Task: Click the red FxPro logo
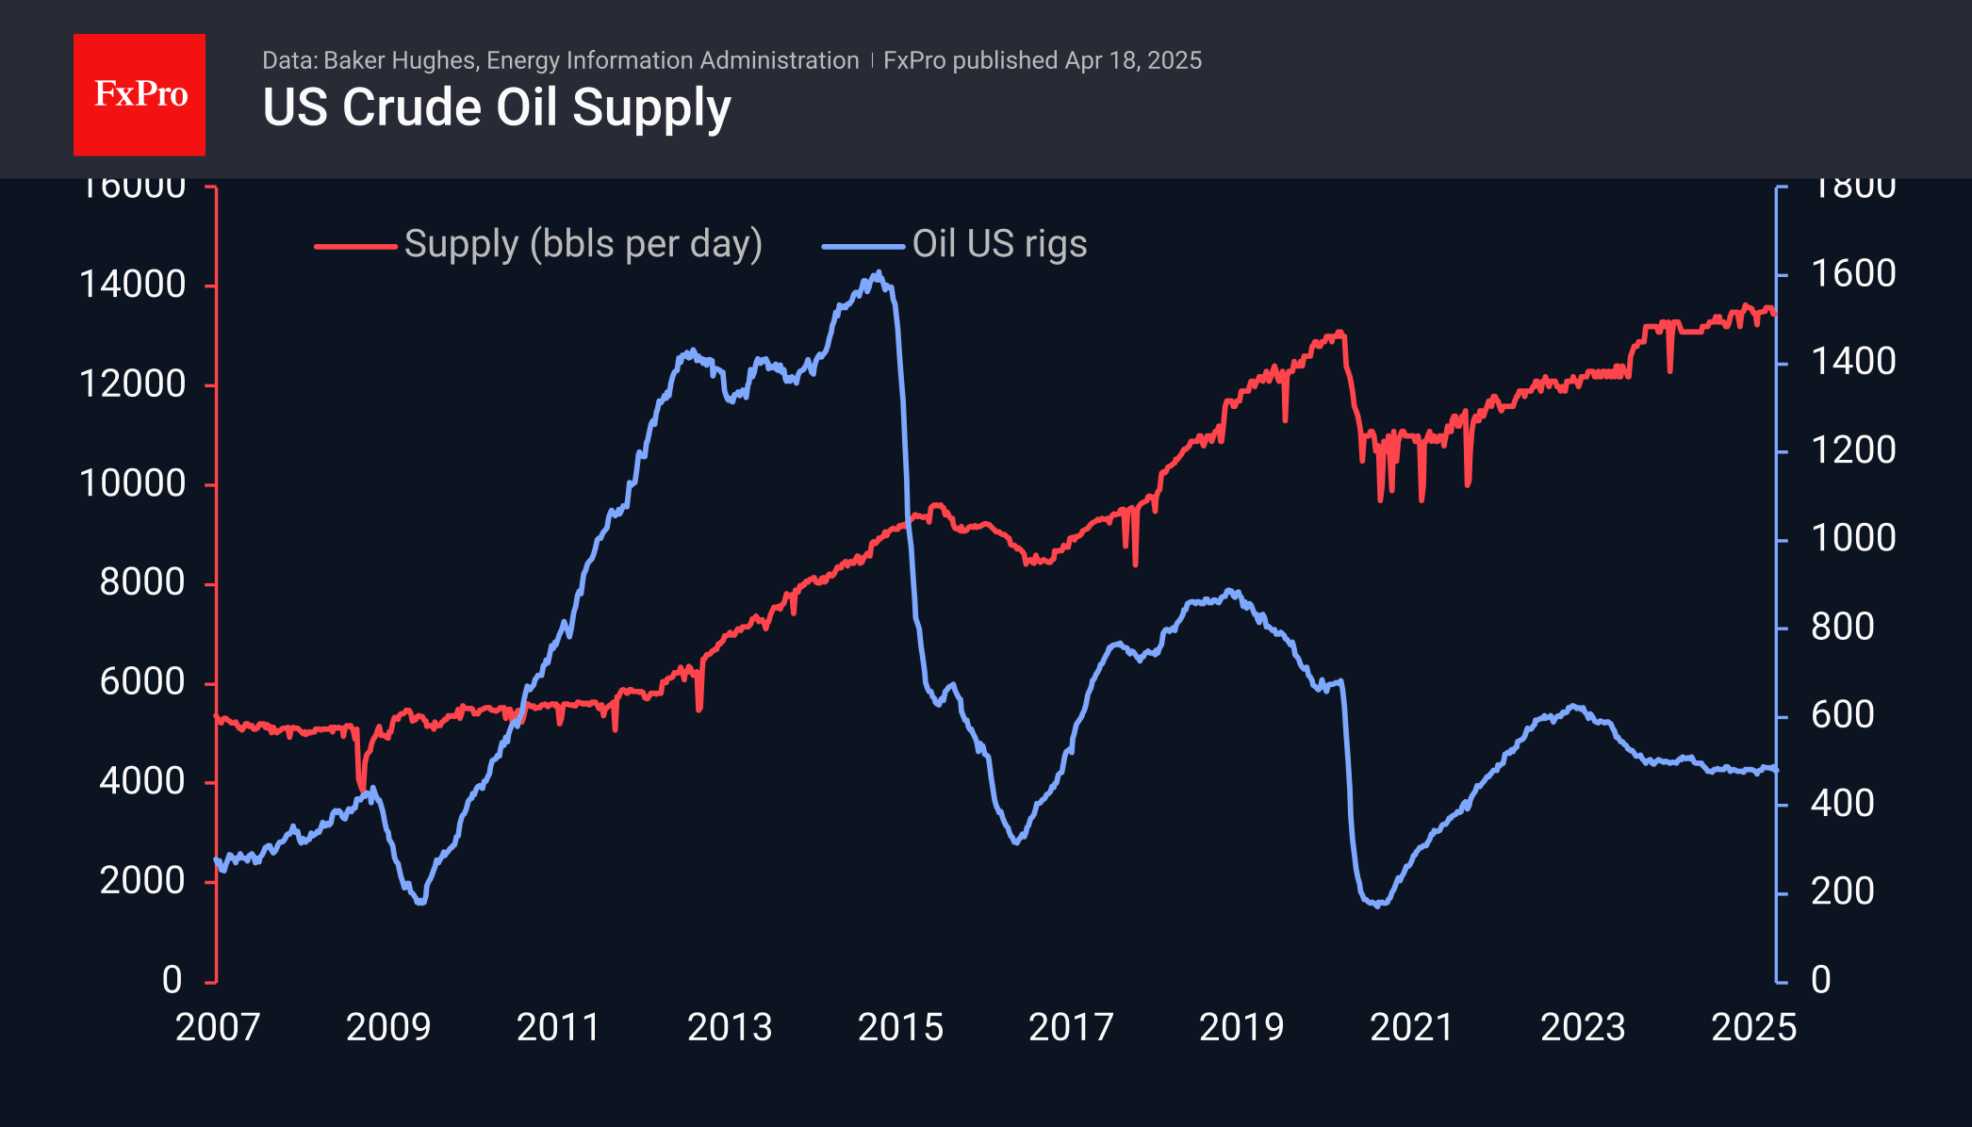[140, 94]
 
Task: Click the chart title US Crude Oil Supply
[497, 107]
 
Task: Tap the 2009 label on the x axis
[388, 1027]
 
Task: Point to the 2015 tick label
[900, 1027]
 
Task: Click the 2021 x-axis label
[1412, 1027]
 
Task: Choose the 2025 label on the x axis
[1753, 1027]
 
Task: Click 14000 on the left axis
[133, 285]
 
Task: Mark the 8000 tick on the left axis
[142, 582]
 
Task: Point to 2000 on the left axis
[142, 881]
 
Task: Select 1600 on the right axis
[1853, 274]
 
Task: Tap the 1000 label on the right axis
[1853, 538]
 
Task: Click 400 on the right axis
[1843, 804]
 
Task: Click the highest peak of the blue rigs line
[879, 273]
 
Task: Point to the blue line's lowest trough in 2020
[1378, 905]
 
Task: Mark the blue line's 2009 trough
[420, 903]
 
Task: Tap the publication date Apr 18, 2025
[1133, 61]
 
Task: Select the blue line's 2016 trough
[1016, 841]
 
